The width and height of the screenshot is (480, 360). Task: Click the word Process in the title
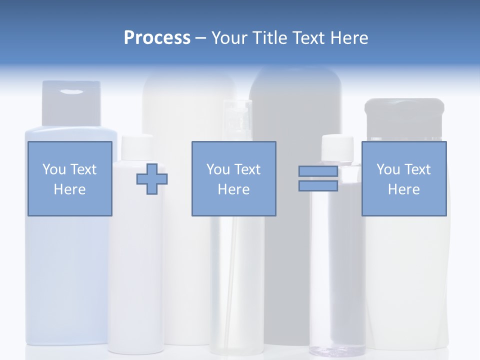click(157, 38)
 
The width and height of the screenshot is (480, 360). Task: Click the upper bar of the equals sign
click(318, 171)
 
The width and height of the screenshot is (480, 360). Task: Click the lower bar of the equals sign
click(318, 186)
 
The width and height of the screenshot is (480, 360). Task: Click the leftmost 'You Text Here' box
click(69, 178)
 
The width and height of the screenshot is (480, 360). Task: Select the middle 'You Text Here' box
click(233, 178)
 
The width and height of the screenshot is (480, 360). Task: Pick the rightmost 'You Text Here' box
click(403, 178)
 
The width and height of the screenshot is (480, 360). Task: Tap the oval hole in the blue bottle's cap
click(73, 91)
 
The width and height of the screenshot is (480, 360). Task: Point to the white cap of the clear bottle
click(337, 146)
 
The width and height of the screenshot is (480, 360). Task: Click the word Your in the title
click(230, 38)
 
